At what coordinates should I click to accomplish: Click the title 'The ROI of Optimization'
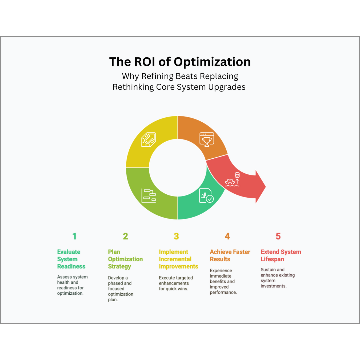click(180, 62)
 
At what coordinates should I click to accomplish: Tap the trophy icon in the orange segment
click(207, 139)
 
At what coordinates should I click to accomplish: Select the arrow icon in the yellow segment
click(149, 139)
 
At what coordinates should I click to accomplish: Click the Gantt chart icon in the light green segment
click(149, 196)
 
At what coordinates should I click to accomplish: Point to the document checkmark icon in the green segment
click(206, 196)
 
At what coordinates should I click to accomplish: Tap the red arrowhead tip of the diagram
click(266, 187)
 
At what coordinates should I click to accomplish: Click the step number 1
click(74, 236)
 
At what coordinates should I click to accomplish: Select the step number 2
click(125, 236)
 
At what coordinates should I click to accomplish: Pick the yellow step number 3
click(176, 236)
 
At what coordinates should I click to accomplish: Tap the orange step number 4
click(227, 236)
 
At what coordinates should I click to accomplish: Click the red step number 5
click(278, 236)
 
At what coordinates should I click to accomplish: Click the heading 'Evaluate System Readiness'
click(71, 259)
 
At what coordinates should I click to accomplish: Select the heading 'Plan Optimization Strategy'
click(125, 259)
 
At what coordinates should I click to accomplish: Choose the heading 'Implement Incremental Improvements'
click(178, 259)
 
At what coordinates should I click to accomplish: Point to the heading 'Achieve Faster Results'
click(230, 255)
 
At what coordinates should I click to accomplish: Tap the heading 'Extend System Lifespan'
click(281, 255)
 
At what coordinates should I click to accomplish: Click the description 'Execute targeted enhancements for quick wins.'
click(176, 283)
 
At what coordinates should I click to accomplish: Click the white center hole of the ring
click(178, 168)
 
